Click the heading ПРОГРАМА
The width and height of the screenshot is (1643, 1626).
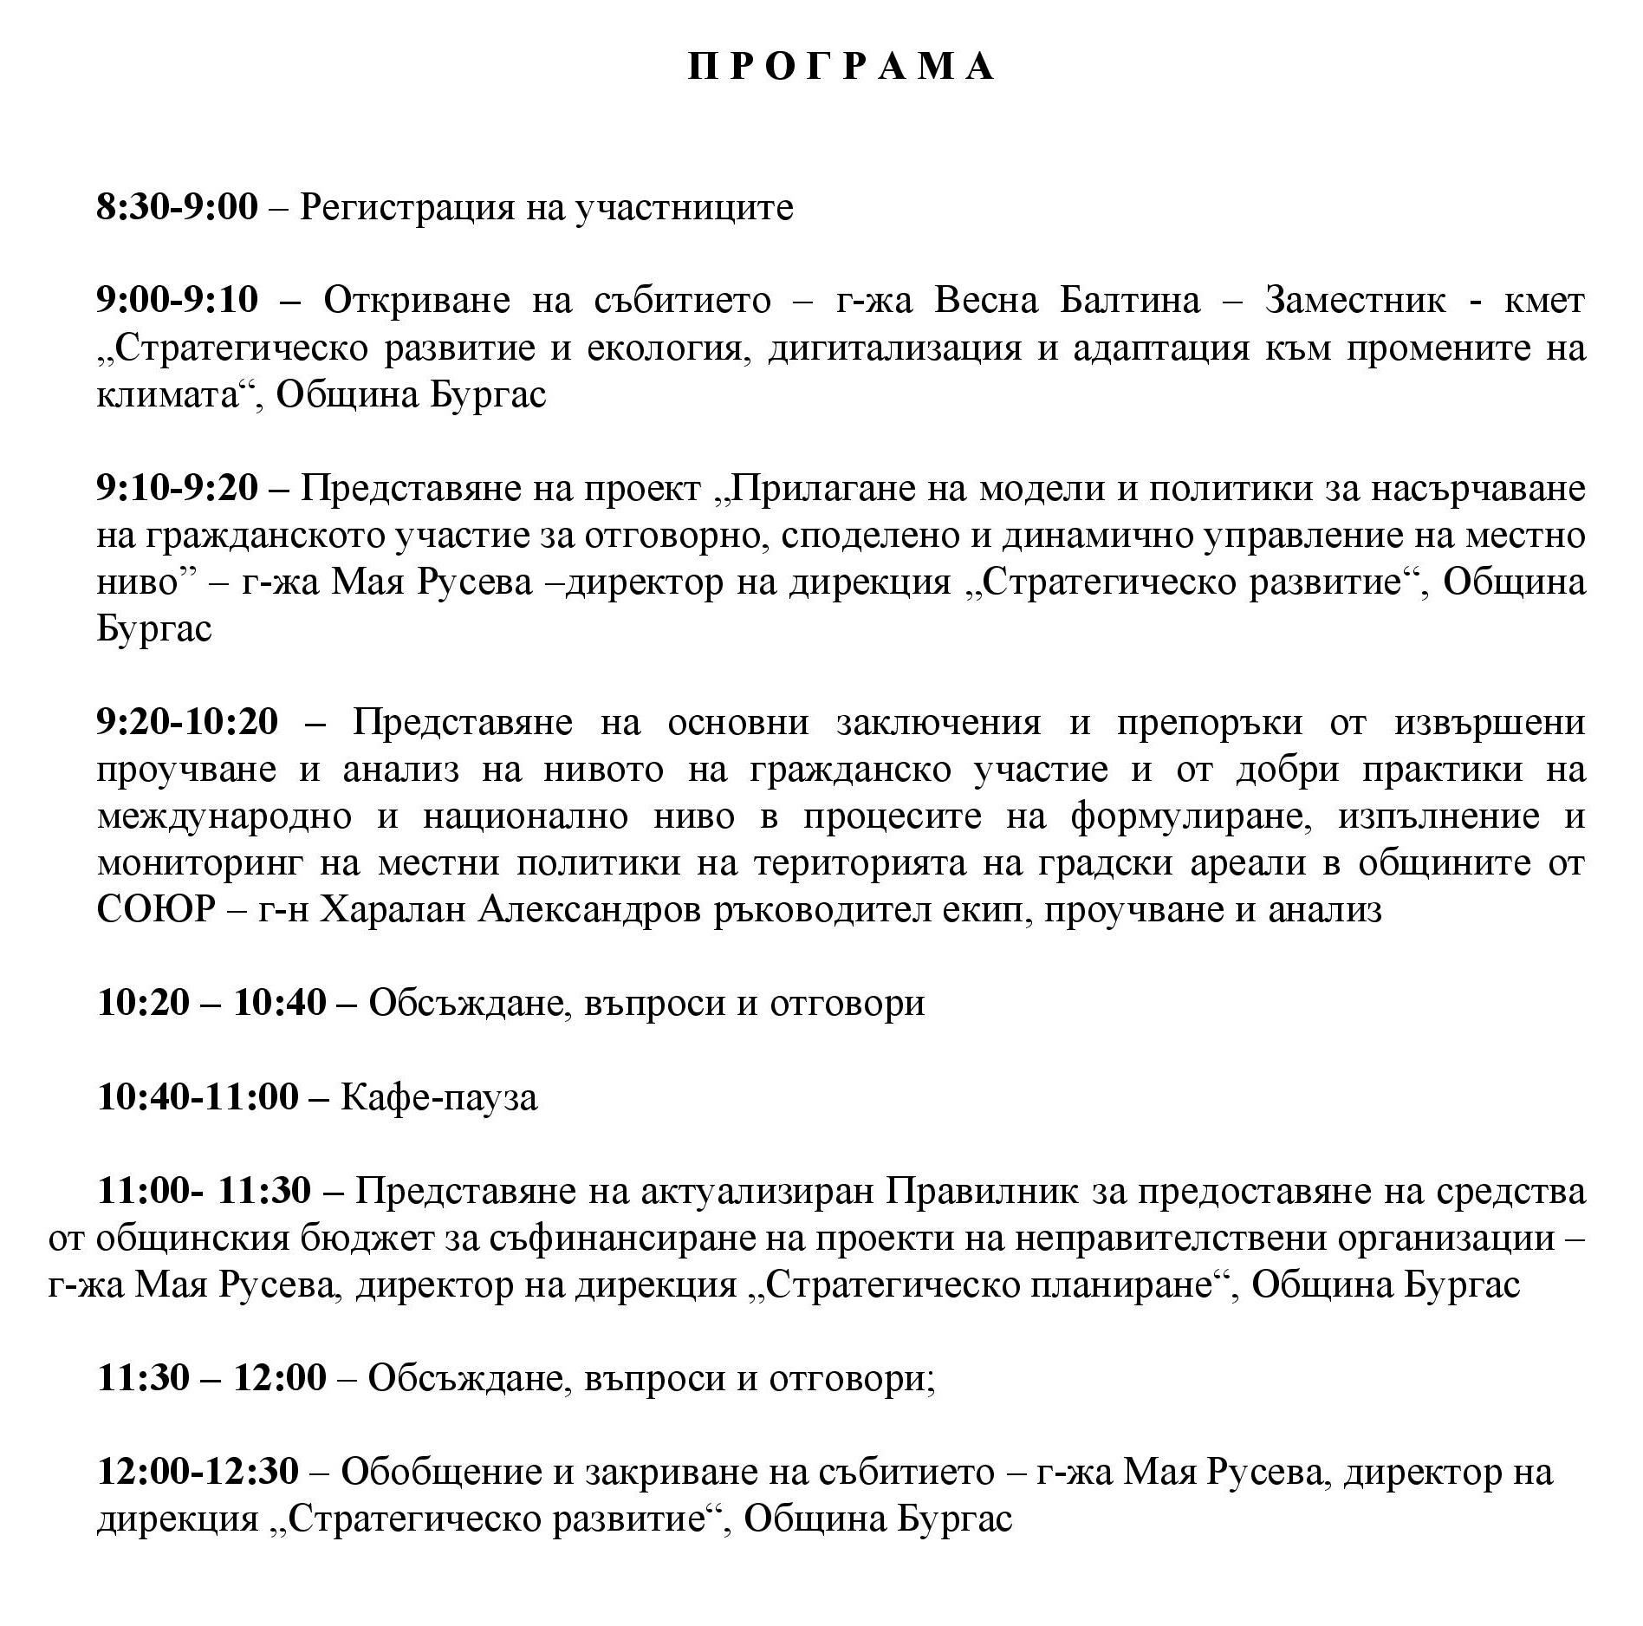842,67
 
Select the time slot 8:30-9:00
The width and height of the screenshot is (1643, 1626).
178,207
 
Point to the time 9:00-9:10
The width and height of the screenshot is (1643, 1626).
178,301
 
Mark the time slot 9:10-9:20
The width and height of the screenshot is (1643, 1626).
178,488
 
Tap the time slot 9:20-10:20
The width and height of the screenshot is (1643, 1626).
188,722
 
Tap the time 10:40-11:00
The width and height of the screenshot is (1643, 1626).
198,1096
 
